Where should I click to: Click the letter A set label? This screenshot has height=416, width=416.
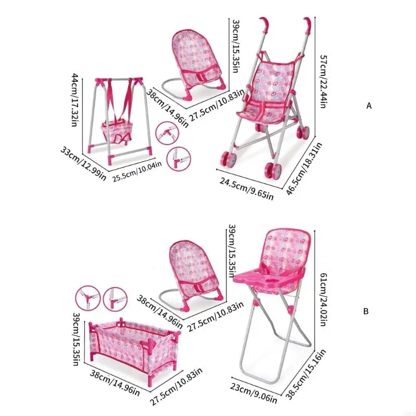click(x=369, y=106)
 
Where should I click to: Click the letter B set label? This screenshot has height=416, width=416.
click(x=366, y=311)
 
